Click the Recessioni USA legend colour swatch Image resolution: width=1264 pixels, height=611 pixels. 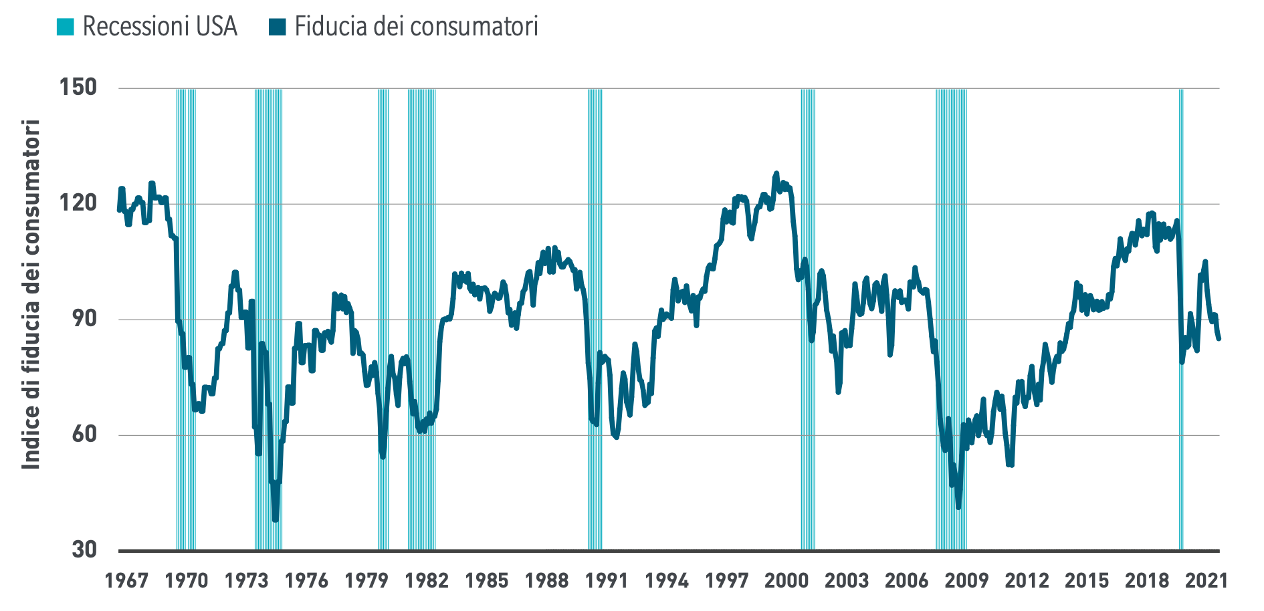click(x=66, y=27)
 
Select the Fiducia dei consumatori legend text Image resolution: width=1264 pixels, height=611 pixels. click(x=416, y=27)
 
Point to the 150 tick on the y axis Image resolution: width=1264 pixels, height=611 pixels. click(x=78, y=87)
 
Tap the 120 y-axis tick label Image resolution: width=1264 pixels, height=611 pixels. click(x=78, y=203)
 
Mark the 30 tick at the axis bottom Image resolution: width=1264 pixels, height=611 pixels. click(x=84, y=549)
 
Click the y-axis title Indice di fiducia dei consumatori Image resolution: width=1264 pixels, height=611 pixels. click(x=31, y=294)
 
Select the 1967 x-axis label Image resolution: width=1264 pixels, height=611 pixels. click(x=126, y=580)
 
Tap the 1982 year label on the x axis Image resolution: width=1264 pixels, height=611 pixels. click(x=427, y=580)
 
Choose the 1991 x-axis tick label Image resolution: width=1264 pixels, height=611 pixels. click(x=607, y=580)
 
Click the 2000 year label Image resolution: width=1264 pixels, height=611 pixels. click(x=786, y=580)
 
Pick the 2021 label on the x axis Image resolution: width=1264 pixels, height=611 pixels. click(x=1206, y=580)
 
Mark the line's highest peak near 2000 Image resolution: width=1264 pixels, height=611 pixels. click(x=776, y=173)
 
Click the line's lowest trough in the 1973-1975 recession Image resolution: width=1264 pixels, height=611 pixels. click(x=275, y=519)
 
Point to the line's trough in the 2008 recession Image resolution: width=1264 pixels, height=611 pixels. click(x=958, y=507)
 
